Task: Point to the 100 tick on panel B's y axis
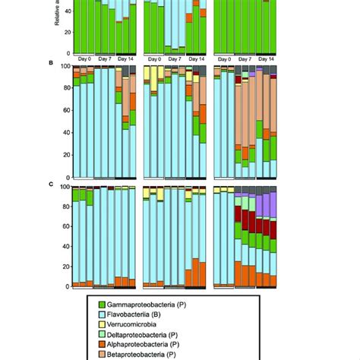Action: (x=64, y=67)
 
